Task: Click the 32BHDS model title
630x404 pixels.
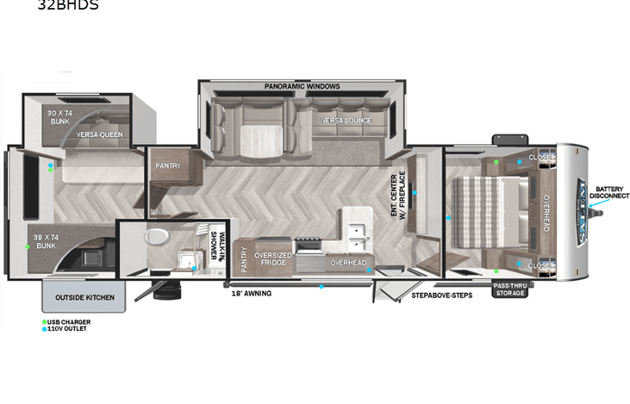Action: (68, 5)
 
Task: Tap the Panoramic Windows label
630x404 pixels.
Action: (302, 86)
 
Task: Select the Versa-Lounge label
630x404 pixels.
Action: (346, 121)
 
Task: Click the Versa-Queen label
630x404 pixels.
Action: (99, 134)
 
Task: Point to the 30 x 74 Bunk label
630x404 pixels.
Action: (59, 116)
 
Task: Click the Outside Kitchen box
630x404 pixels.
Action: (84, 298)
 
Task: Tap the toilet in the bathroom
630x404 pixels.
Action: (156, 237)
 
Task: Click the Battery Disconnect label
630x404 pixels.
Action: (610, 191)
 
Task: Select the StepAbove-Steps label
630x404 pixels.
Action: (441, 295)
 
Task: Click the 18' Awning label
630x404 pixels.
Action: (252, 294)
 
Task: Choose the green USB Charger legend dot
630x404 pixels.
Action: (45, 321)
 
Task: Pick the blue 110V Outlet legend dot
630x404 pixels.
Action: (45, 328)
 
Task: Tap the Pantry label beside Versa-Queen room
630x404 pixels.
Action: (167, 165)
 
